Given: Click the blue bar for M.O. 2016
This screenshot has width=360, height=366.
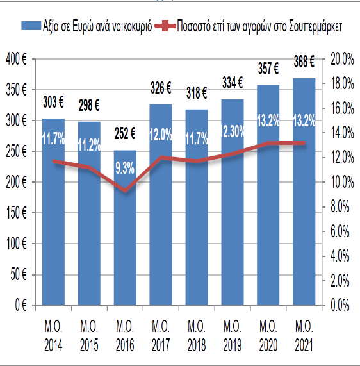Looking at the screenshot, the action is click(x=125, y=228).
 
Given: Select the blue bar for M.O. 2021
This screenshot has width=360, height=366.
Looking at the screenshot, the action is click(x=304, y=192).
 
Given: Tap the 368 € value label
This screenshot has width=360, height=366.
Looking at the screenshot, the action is click(x=304, y=62).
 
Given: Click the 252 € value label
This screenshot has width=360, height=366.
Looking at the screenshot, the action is click(x=125, y=134).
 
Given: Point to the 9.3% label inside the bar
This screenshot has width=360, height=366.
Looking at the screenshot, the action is click(x=125, y=168).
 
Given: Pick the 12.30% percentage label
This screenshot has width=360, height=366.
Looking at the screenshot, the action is click(x=233, y=131).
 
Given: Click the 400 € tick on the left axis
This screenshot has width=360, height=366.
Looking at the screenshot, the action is click(x=16, y=59).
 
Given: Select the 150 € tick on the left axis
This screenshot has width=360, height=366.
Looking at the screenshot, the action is click(x=16, y=213).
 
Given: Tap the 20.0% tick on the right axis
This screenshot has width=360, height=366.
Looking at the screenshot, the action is click(x=342, y=59).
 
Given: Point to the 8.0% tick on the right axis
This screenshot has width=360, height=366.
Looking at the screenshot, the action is click(x=340, y=206).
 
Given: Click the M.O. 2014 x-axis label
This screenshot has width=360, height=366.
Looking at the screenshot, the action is click(x=53, y=336).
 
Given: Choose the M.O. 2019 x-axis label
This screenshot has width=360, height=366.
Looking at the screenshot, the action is click(x=233, y=336).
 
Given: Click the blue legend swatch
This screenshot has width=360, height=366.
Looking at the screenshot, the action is click(x=31, y=26).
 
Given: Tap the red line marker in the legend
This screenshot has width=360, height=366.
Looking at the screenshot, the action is click(x=165, y=26).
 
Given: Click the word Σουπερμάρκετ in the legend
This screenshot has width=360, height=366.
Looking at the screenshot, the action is click(x=315, y=27).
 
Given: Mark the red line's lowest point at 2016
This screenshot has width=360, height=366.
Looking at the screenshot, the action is click(x=126, y=190).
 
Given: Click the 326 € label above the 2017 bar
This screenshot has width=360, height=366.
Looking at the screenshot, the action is click(x=161, y=88).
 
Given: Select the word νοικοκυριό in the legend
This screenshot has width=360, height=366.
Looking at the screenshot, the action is click(x=132, y=27).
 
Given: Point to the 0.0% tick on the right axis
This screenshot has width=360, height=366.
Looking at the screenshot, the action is click(x=340, y=305).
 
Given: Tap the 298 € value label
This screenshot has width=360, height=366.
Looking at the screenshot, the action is click(x=89, y=105).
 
